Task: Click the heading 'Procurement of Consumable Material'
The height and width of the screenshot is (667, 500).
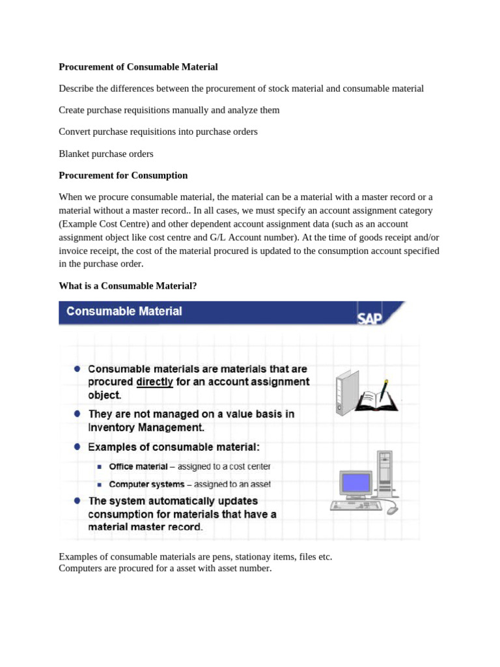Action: coord(138,67)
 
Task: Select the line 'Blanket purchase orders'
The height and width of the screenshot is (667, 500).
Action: coord(106,154)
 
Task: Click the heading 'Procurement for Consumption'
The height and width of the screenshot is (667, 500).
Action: coord(123,175)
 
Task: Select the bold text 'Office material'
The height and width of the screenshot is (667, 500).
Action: coord(139,466)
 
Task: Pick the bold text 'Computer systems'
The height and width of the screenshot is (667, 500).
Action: coord(145,484)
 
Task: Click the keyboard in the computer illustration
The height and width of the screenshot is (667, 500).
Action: coord(355,505)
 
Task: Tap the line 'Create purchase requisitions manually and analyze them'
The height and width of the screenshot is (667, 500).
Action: coord(169,110)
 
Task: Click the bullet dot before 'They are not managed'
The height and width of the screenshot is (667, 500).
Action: coord(77,414)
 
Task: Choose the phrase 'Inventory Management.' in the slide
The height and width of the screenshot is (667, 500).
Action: coord(146,428)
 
